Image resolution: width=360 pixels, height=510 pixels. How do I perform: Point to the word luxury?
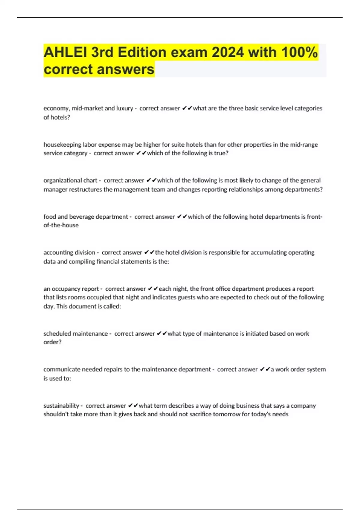tap(124, 108)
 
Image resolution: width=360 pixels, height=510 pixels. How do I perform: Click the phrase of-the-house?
tap(61, 225)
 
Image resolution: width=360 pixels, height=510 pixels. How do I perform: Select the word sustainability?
tap(61, 406)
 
